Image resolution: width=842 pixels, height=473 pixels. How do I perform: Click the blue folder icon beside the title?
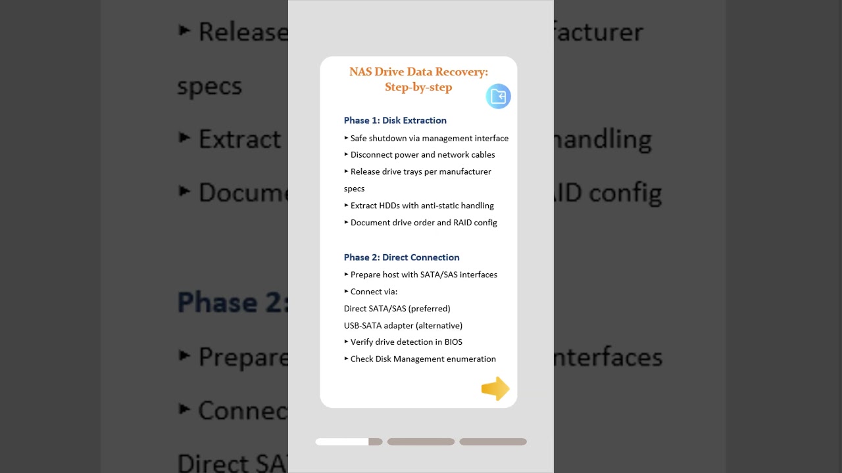click(x=498, y=97)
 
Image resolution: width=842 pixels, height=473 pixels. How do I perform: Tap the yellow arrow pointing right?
click(x=495, y=388)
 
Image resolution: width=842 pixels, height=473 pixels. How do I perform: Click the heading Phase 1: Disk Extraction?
click(x=395, y=120)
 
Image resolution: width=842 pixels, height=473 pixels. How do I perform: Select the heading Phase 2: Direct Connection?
click(x=401, y=258)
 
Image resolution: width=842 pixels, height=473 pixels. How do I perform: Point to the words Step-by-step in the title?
click(x=418, y=87)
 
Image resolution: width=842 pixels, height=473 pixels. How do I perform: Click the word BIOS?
click(x=453, y=342)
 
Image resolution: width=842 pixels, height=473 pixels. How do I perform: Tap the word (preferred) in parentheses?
click(x=430, y=309)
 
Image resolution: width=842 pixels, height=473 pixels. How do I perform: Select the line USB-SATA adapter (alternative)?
click(x=403, y=326)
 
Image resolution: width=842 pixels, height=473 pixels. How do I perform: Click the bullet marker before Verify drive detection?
click(x=346, y=342)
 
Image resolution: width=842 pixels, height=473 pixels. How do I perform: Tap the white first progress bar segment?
click(x=342, y=442)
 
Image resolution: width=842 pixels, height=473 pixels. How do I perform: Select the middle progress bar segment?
click(x=421, y=442)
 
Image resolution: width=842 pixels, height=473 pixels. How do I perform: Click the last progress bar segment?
click(x=493, y=442)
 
